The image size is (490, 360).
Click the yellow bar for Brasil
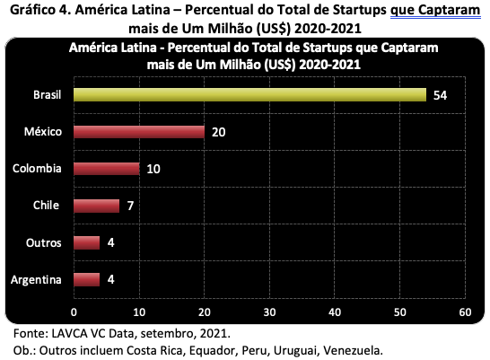(x=250, y=94)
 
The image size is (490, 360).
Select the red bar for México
(x=139, y=132)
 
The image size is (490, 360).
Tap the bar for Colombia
(x=107, y=169)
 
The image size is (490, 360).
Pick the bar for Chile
(x=97, y=206)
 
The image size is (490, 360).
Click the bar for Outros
(x=87, y=242)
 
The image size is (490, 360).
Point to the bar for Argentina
(x=87, y=280)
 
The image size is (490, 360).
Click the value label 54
(x=440, y=95)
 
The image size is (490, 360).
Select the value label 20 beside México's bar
(x=218, y=132)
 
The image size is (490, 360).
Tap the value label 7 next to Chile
(x=130, y=206)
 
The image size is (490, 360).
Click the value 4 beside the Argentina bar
(x=110, y=279)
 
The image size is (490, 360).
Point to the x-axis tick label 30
(x=269, y=312)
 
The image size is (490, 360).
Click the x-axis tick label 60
(x=465, y=312)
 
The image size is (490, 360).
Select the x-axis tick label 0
(x=74, y=312)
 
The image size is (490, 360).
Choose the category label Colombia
(x=37, y=169)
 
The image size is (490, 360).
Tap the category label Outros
(x=43, y=242)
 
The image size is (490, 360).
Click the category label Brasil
(x=48, y=94)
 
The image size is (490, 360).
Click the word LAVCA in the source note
(x=69, y=333)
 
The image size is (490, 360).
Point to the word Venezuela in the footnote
(x=353, y=351)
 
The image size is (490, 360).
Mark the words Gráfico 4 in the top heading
(x=40, y=10)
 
